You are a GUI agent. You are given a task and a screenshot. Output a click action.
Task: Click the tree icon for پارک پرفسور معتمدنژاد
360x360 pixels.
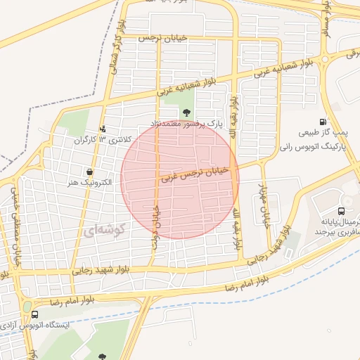(x=186, y=112)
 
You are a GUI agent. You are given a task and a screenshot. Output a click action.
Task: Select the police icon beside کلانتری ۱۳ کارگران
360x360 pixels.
(x=104, y=129)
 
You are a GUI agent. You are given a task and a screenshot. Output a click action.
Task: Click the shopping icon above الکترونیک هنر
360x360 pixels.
(x=89, y=172)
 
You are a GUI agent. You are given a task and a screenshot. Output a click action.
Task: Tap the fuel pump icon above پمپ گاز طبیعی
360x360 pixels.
(x=323, y=122)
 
